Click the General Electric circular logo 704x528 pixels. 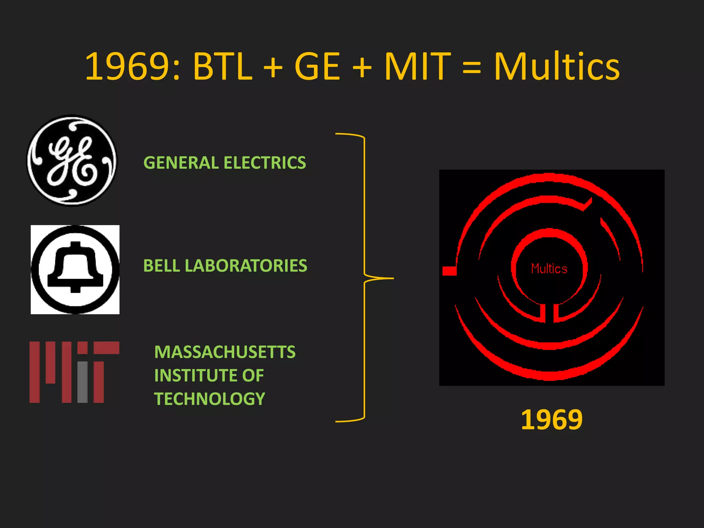tap(72, 160)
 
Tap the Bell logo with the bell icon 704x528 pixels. tap(75, 269)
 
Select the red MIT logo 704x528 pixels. tap(74, 372)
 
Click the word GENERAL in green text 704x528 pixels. tap(181, 163)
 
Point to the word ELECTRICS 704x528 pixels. tap(265, 163)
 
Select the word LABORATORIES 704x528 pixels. tap(246, 266)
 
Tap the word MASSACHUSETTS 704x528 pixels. tap(225, 352)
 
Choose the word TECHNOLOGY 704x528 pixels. tap(210, 399)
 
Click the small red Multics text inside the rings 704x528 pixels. tap(549, 269)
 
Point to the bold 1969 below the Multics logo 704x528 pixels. tap(552, 420)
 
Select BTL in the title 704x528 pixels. tap(223, 66)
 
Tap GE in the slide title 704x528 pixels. tap(317, 66)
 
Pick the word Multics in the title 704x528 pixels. tap(557, 66)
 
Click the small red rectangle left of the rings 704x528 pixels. tap(449, 271)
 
